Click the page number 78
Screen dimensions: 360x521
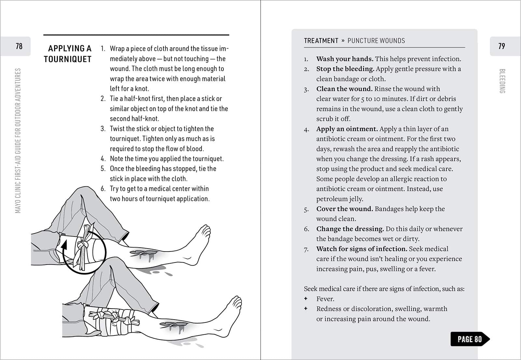pos(19,46)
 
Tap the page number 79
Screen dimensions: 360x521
pos(501,46)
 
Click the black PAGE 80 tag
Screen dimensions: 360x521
pos(470,339)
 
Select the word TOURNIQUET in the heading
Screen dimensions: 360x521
pos(67,59)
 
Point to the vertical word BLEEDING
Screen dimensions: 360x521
pos(502,81)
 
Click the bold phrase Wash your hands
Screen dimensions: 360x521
pos(345,59)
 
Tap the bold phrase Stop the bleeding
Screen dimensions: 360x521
pos(345,69)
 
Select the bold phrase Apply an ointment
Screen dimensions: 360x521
pos(347,129)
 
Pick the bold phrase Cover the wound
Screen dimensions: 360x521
pos(345,209)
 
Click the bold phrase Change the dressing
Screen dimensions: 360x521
pos(350,229)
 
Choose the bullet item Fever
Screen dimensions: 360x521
pos(325,299)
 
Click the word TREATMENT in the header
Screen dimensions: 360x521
pos(321,41)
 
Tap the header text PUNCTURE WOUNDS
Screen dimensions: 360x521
pos(376,41)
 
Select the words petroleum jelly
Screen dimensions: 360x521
pos(340,199)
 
